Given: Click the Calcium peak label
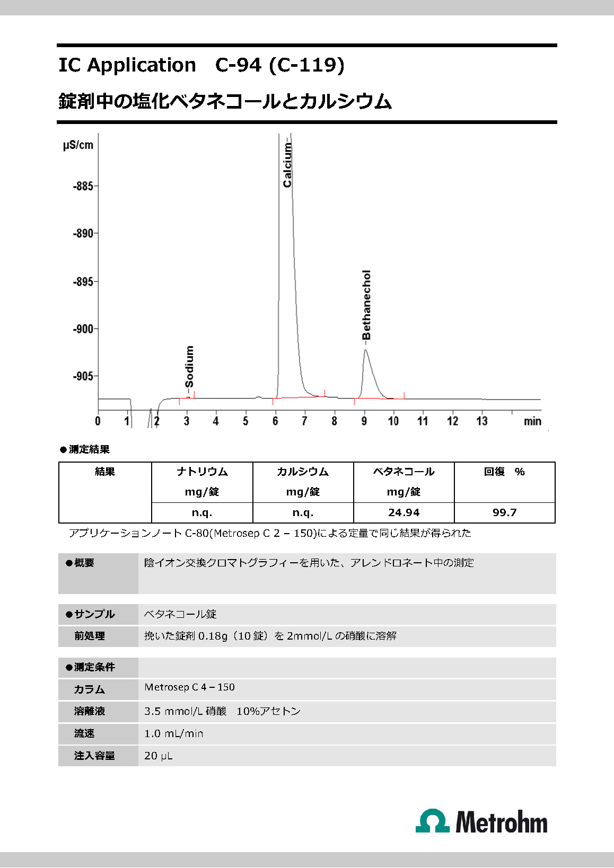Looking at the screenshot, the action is tap(287, 164).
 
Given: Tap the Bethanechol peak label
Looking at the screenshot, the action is tap(366, 305).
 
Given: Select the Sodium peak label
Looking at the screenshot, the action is tap(189, 367).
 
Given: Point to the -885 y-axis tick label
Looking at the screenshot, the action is tap(83, 187).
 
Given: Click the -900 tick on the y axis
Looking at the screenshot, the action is tap(83, 329).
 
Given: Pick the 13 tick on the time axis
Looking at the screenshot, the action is tap(481, 421).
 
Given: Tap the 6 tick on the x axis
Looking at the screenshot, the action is tap(275, 421).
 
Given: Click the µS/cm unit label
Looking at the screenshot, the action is tap(78, 145).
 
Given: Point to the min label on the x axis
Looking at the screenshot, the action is tap(532, 421).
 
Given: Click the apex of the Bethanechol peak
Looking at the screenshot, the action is tap(365, 350).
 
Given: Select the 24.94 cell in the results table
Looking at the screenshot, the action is tap(404, 513).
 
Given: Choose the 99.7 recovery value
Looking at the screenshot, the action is tap(504, 513).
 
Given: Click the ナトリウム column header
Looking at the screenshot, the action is tap(202, 472).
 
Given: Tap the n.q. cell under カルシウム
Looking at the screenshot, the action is tap(303, 513).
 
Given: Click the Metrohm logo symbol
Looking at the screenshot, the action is tap(433, 821).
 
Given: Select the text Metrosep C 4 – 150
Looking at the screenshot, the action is tap(189, 687).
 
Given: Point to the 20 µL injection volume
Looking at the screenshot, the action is tap(158, 756).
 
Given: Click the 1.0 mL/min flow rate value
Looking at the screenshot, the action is tap(173, 734).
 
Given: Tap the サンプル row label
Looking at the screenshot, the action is tap(94, 615).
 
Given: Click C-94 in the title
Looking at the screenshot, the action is tap(238, 65).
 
